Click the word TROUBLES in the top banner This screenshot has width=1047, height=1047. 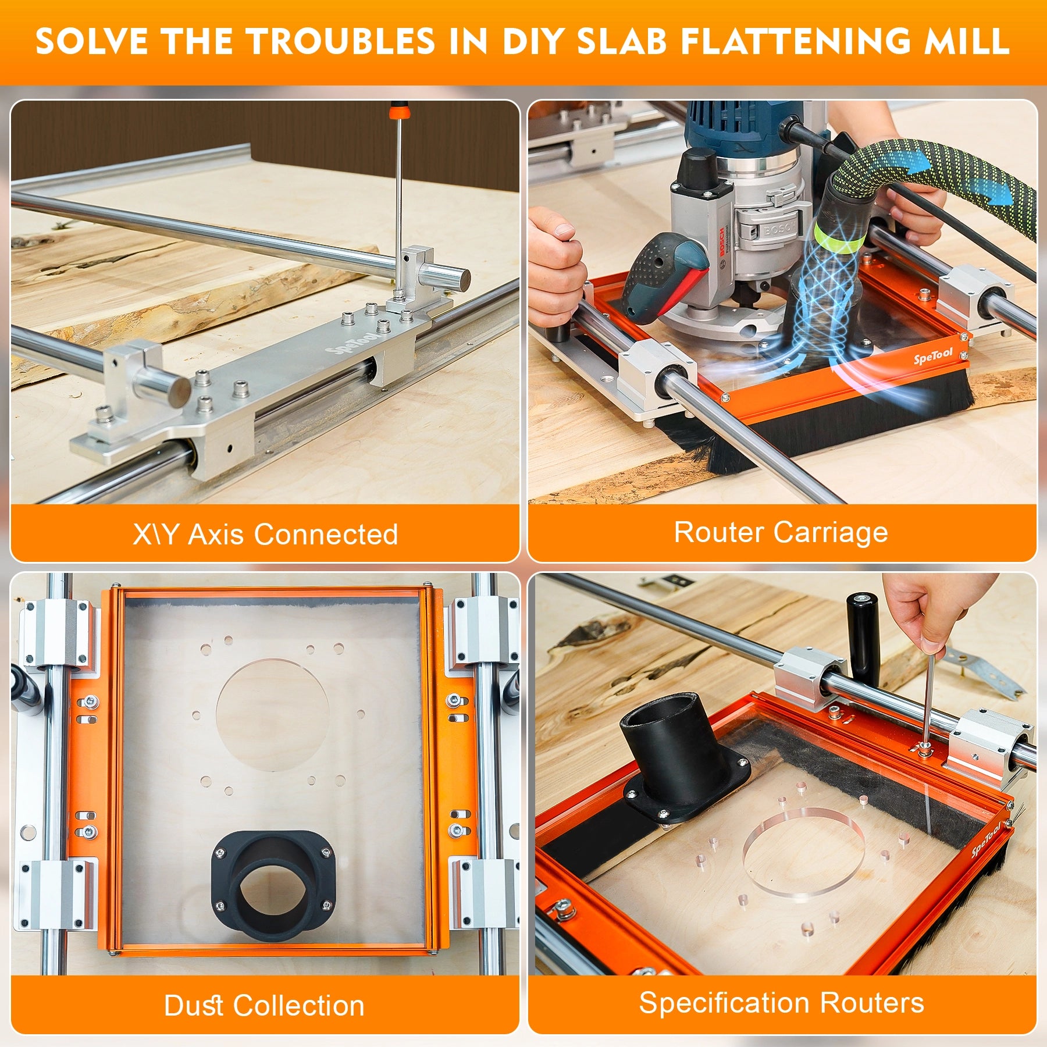(x=340, y=42)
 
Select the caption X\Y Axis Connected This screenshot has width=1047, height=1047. (x=265, y=534)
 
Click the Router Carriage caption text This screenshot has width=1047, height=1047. (x=781, y=532)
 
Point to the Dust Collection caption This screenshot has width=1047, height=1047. (x=264, y=1006)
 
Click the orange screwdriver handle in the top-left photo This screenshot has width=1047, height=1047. (x=398, y=111)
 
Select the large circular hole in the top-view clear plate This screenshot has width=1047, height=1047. (x=272, y=715)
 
